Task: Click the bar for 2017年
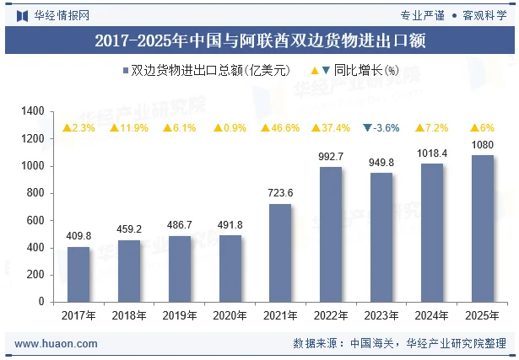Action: (78, 274)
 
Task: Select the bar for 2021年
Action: (280, 253)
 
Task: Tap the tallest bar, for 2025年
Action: (482, 228)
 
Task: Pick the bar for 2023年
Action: (381, 237)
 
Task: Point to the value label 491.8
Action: (230, 224)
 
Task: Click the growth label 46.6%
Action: (280, 128)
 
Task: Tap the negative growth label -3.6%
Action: (381, 128)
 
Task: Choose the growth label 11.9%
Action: (129, 128)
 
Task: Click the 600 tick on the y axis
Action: (35, 220)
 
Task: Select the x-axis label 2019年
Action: (179, 315)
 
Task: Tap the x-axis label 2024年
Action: (431, 315)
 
